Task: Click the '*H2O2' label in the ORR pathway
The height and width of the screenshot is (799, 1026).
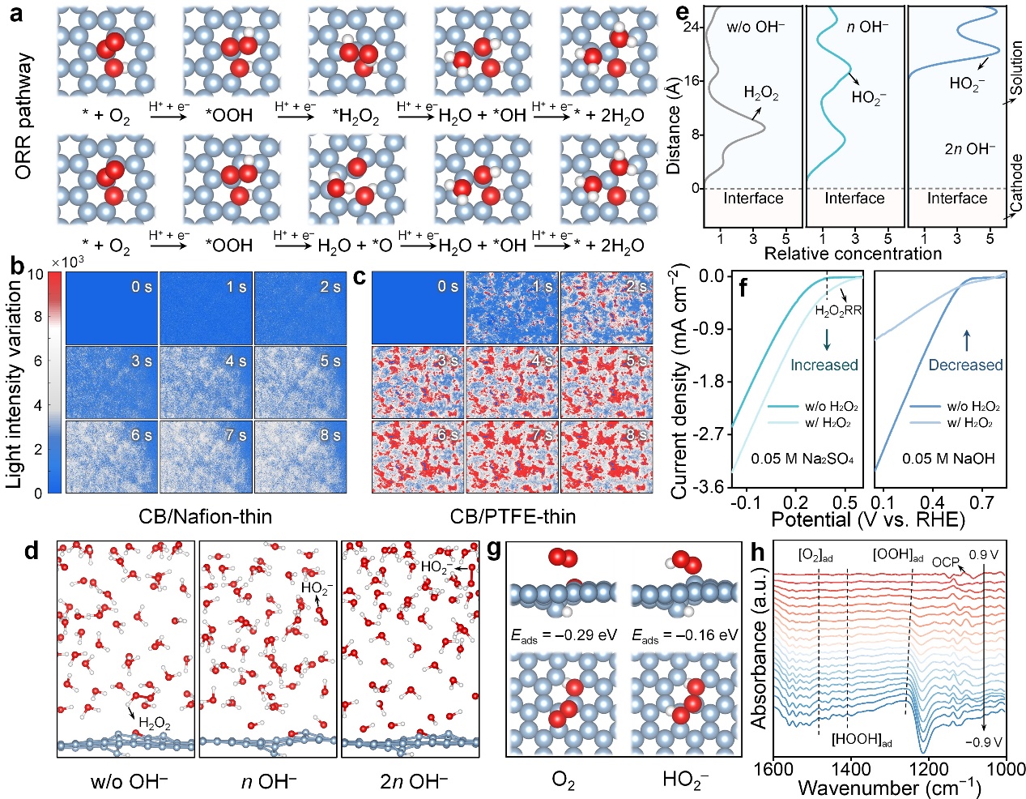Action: pos(356,116)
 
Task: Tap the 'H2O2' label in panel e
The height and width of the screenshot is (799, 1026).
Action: pos(760,94)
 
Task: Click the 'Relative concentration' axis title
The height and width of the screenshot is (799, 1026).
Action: pos(853,254)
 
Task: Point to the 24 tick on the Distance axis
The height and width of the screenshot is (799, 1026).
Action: pos(691,28)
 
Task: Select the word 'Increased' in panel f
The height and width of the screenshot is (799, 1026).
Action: pos(824,365)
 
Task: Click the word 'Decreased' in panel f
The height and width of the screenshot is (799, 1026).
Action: pos(965,365)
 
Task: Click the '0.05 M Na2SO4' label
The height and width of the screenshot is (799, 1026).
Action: pos(802,459)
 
